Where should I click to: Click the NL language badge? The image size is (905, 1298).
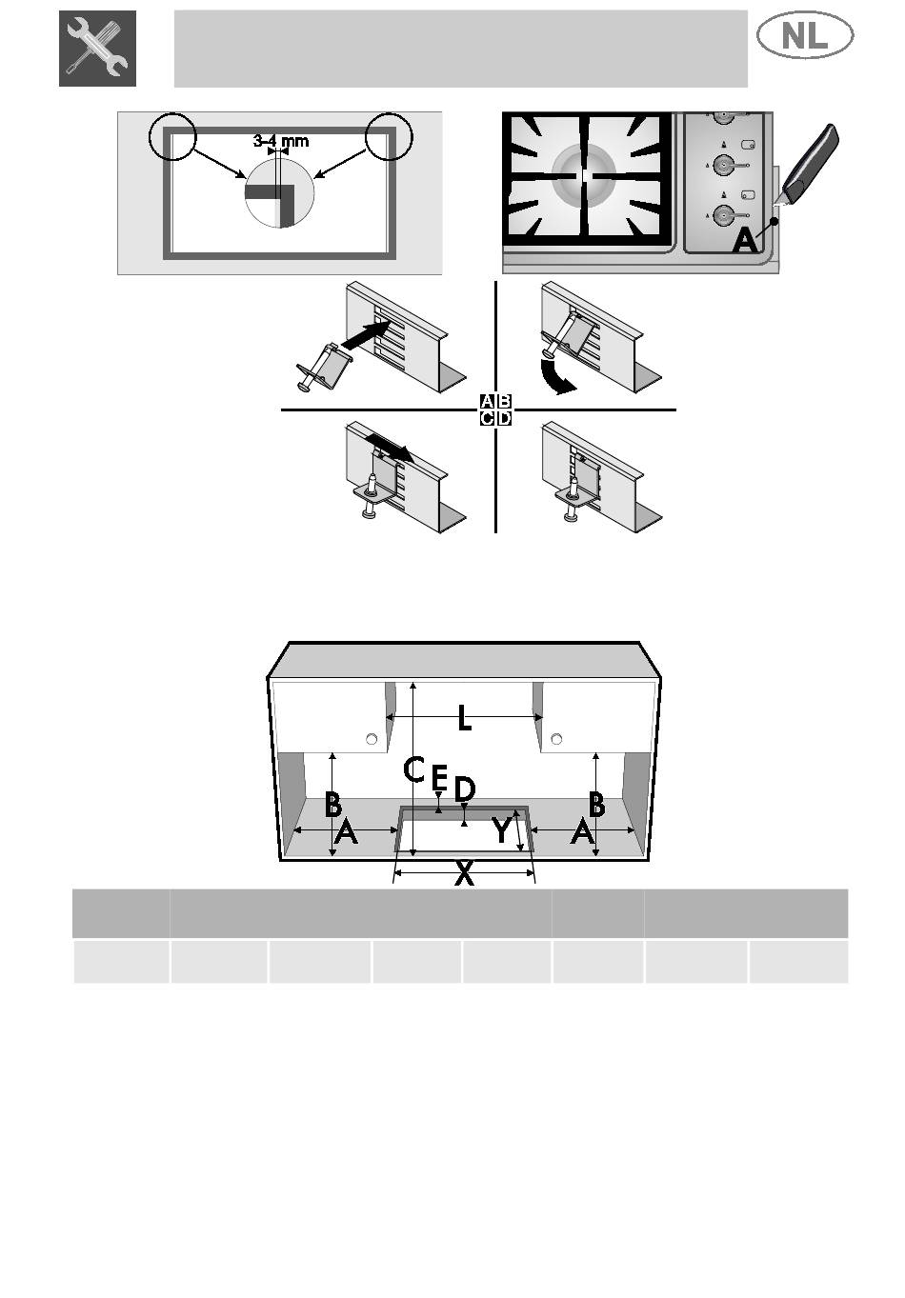804,35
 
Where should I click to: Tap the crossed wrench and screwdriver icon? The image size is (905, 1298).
97,49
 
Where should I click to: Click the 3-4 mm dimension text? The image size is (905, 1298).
281,141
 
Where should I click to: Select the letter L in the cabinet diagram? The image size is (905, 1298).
464,717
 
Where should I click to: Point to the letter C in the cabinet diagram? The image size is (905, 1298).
414,769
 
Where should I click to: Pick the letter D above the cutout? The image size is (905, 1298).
464,789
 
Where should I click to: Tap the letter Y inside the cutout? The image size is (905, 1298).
502,829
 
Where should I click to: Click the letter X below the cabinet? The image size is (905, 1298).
464,874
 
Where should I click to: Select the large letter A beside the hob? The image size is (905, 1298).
745,240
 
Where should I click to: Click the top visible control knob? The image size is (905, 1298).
723,116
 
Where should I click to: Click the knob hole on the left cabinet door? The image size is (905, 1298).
372,739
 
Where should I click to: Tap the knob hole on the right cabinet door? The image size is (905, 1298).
556,739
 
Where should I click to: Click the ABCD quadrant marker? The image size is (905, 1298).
495,409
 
